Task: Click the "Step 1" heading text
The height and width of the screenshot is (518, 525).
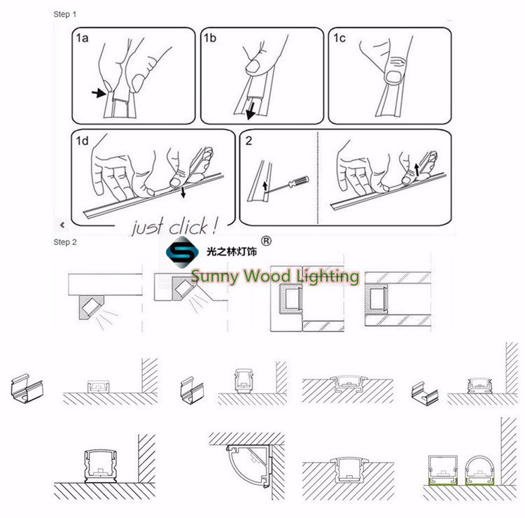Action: [65, 14]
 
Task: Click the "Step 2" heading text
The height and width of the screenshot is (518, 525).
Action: [65, 242]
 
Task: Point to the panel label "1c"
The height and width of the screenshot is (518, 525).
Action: [339, 39]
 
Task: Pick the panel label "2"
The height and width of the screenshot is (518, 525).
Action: [249, 141]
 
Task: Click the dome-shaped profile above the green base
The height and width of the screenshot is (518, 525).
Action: [479, 466]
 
